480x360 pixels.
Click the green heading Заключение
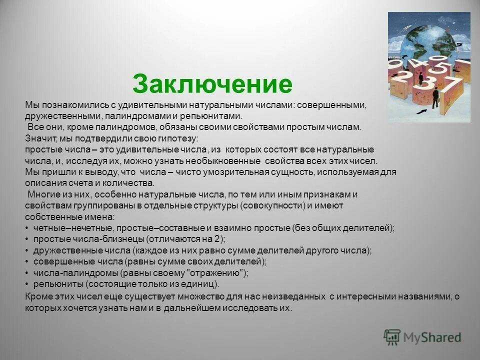pos(212,84)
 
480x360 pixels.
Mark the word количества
pos(127,183)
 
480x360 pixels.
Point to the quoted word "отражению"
pos(215,272)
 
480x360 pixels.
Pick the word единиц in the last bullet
pos(201,284)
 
